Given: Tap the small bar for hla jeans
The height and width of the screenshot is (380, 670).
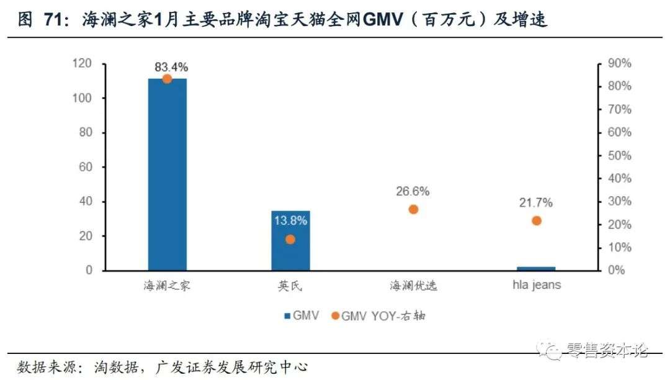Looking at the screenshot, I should point(536,268).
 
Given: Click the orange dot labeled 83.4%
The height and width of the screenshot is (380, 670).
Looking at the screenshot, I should point(167,79).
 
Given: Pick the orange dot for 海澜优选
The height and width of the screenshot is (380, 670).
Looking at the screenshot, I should point(413,209).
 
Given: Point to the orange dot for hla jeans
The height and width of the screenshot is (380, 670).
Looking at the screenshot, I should point(537,220).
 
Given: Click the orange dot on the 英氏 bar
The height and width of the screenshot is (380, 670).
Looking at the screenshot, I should point(290,239).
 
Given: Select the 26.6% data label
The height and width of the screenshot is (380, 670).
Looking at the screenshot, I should point(413,191).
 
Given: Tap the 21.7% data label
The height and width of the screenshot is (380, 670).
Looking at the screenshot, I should point(537,202).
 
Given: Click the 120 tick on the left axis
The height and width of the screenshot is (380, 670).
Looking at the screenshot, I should point(82,63).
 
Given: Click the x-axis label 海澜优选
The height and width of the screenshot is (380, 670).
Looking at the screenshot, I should point(413,286).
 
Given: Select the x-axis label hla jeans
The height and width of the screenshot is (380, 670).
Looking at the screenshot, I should point(537,286).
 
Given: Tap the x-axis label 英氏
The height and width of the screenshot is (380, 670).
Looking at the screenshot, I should point(290,286).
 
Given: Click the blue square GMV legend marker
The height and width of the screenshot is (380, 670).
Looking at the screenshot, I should point(287,315).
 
